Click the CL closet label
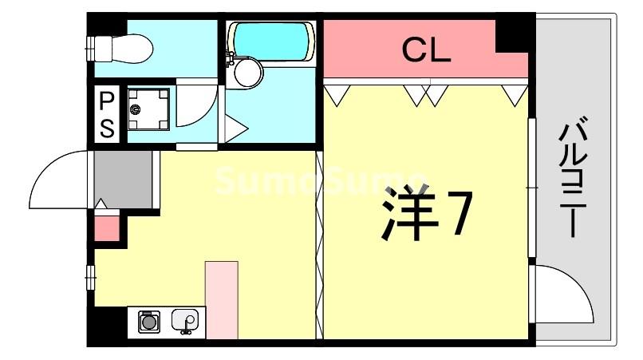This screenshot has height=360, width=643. (x=426, y=51)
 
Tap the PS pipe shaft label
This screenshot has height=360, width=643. (x=107, y=114)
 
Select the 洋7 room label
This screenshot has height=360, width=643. (x=427, y=215)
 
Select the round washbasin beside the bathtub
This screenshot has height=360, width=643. (x=246, y=74)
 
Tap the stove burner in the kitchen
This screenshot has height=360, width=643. (x=148, y=322)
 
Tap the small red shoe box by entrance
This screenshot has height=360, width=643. (x=107, y=225)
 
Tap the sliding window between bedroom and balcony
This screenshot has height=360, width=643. (x=531, y=188)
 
